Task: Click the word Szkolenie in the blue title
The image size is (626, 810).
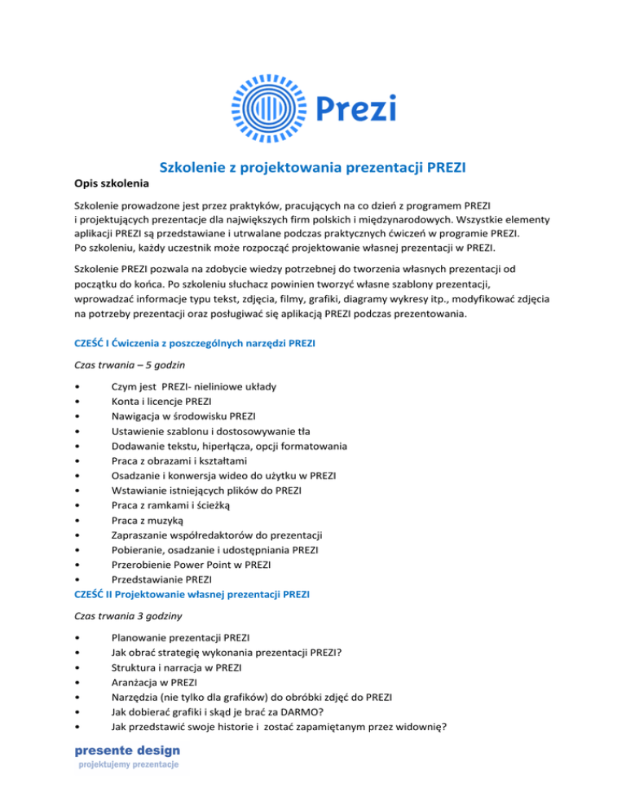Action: click(x=198, y=168)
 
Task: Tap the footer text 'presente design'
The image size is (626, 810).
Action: click(x=129, y=750)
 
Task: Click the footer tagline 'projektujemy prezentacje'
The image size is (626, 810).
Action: click(x=128, y=765)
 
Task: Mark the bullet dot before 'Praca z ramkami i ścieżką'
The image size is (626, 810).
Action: click(x=76, y=504)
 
